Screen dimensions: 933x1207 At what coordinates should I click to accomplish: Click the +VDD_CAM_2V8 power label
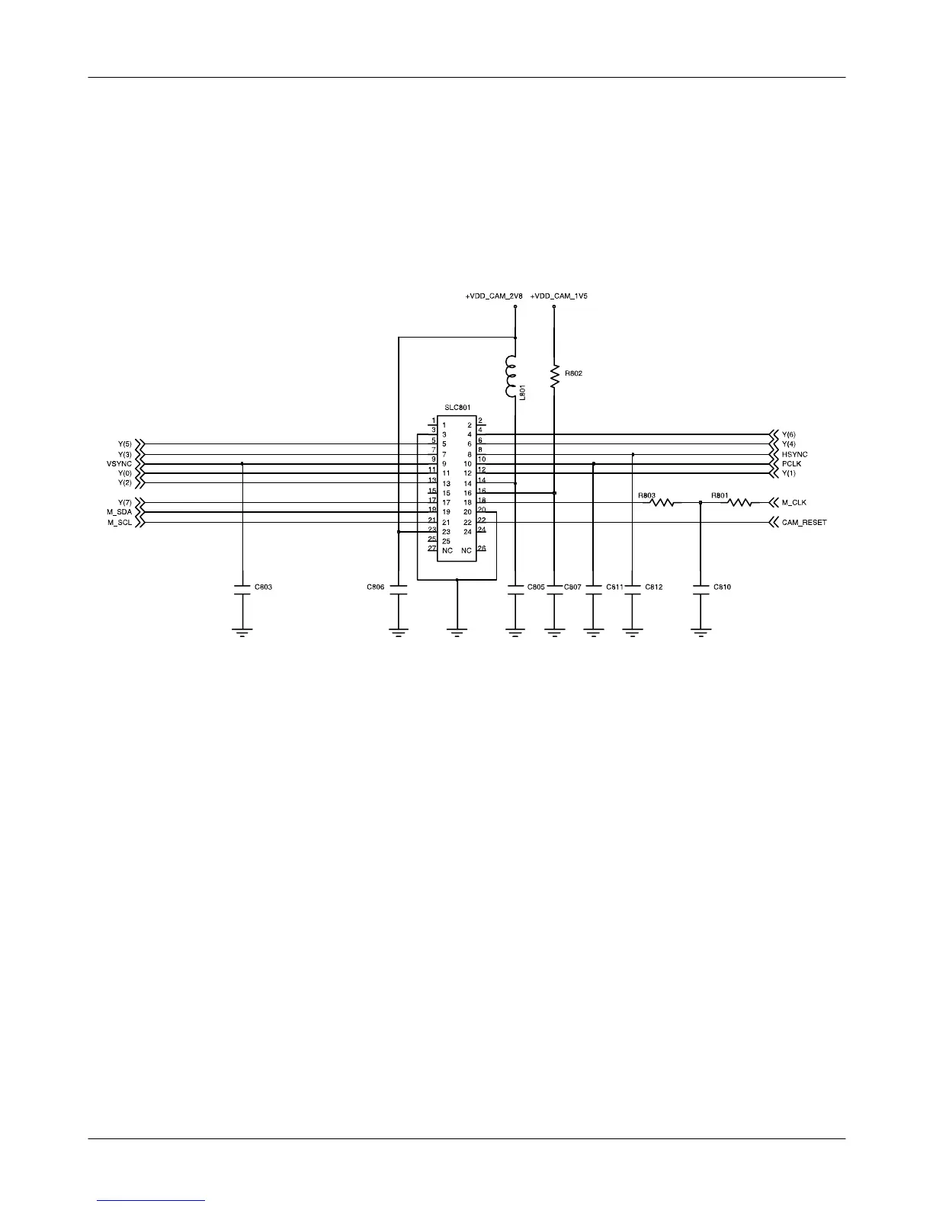point(494,296)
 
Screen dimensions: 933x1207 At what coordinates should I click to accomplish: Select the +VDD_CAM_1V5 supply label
point(559,296)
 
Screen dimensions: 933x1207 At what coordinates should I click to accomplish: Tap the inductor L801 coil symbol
point(511,376)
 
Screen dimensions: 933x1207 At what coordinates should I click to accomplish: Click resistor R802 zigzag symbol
point(554,376)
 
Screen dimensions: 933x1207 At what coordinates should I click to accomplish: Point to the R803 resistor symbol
point(662,503)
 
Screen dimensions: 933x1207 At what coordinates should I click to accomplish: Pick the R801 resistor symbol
point(739,503)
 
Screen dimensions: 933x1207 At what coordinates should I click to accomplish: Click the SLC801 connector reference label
point(457,408)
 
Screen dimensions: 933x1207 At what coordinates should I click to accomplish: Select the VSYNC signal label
point(120,464)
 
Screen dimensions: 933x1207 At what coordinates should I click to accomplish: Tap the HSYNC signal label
point(794,454)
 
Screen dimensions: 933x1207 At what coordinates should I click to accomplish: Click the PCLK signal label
point(791,464)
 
